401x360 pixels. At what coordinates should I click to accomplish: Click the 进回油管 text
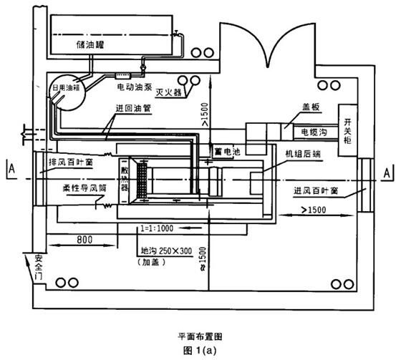point(132,112)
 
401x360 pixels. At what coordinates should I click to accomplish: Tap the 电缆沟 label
point(314,132)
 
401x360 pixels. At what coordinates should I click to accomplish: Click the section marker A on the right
point(387,172)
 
